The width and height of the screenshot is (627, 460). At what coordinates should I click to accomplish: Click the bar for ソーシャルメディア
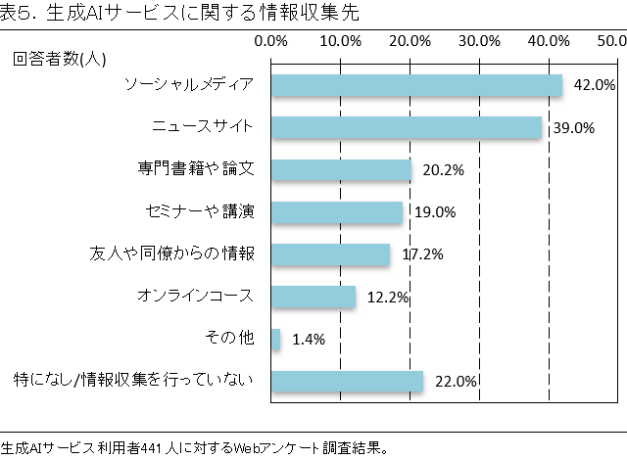click(x=416, y=85)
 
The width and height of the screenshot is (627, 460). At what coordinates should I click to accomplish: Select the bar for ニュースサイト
click(x=406, y=127)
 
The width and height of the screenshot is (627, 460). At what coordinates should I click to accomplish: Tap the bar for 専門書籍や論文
click(x=341, y=169)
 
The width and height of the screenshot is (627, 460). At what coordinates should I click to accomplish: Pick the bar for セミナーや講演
click(x=337, y=212)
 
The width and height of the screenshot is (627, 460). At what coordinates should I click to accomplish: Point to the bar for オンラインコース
click(x=313, y=297)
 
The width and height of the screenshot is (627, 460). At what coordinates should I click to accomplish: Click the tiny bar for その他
click(x=276, y=339)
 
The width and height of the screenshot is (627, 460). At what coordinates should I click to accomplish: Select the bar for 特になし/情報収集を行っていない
click(x=347, y=381)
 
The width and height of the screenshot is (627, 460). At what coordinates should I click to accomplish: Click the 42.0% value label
click(x=594, y=85)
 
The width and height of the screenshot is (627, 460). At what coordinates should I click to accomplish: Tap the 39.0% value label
click(x=573, y=128)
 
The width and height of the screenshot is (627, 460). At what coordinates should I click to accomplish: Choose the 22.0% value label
click(x=455, y=382)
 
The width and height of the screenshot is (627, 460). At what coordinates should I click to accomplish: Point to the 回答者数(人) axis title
click(x=60, y=59)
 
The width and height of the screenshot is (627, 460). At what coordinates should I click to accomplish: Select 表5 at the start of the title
click(x=18, y=13)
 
